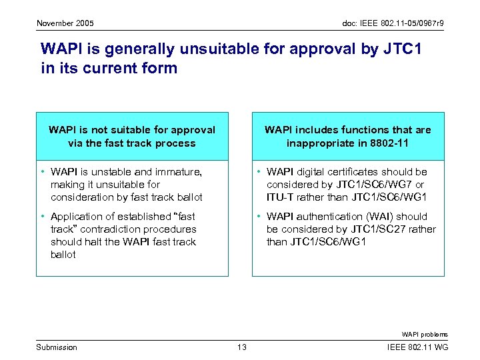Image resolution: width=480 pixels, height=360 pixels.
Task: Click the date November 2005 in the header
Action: tap(65, 23)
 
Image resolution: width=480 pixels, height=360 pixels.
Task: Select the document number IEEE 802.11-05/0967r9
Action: tap(388, 23)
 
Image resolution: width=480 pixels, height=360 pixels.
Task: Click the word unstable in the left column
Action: tap(113, 172)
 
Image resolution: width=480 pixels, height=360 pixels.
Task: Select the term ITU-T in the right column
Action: tap(279, 197)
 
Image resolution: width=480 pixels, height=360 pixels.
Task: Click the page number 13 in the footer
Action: tap(242, 347)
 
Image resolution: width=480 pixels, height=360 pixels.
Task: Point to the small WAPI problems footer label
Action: tap(425, 335)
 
